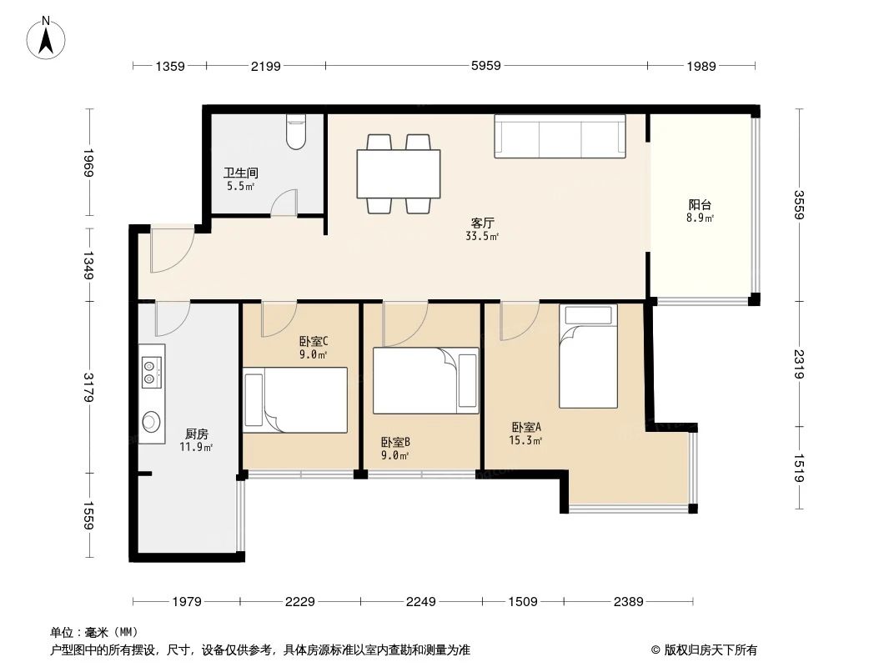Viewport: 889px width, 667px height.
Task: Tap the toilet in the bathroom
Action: [x=296, y=132]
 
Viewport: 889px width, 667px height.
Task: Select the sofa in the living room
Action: [x=560, y=136]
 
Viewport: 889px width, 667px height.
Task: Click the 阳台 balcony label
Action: [x=700, y=205]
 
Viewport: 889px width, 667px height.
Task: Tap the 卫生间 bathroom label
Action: [x=240, y=173]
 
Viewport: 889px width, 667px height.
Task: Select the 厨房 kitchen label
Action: [x=196, y=434]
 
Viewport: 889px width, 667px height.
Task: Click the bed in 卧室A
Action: [x=588, y=356]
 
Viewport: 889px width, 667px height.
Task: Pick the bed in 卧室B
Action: [x=426, y=380]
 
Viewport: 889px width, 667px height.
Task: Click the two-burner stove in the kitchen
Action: [x=151, y=371]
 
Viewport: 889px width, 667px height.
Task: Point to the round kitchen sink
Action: [x=151, y=422]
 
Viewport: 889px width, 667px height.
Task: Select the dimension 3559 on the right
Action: [x=800, y=205]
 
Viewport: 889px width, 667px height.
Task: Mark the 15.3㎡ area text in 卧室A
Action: [x=526, y=440]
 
